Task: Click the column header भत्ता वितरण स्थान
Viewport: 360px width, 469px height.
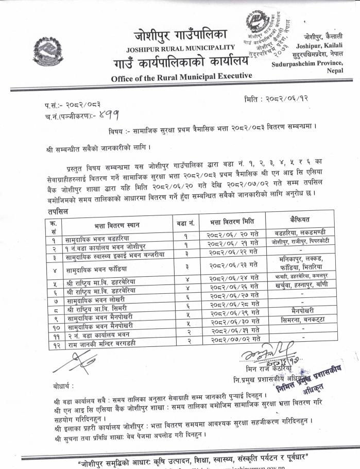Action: pyautogui.click(x=116, y=225)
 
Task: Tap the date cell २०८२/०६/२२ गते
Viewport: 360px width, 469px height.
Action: pyautogui.click(x=229, y=253)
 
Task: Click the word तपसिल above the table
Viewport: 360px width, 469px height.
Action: pyautogui.click(x=55, y=211)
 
